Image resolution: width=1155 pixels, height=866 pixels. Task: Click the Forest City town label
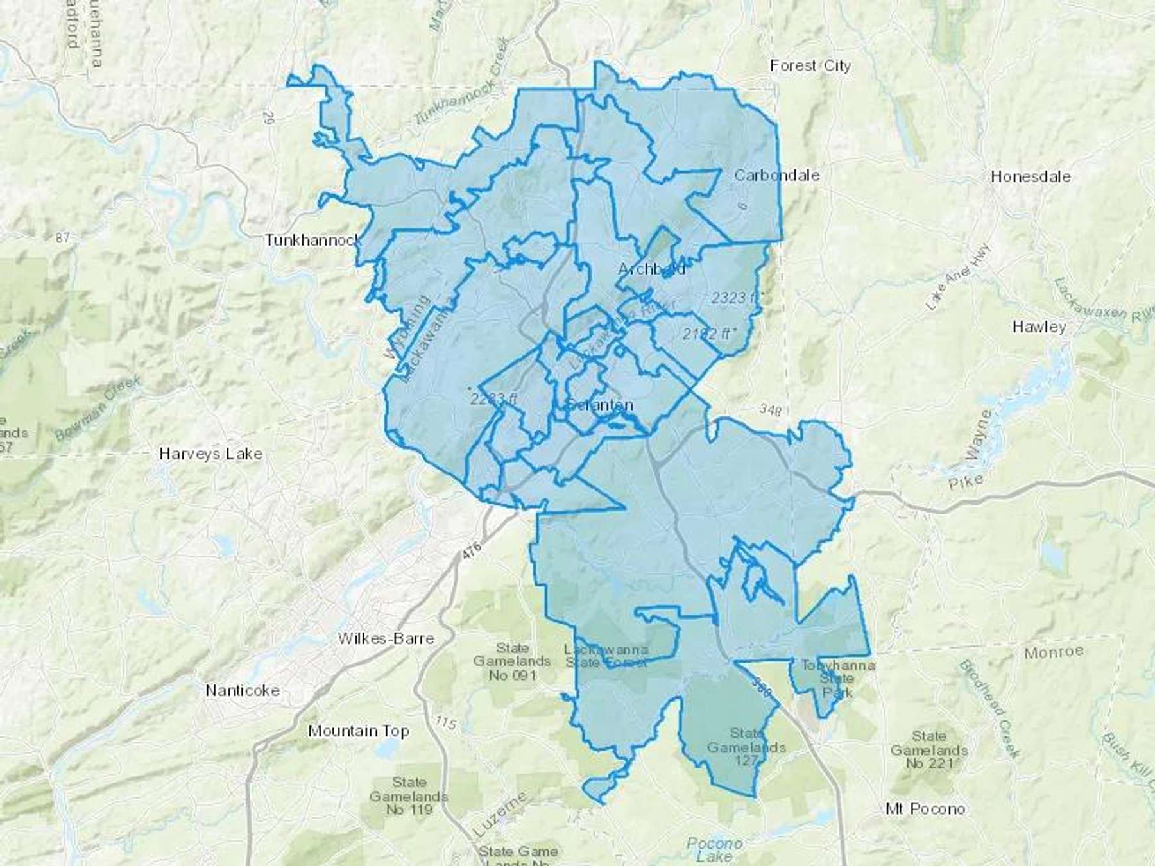(x=810, y=65)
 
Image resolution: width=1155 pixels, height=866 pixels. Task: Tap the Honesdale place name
(x=1031, y=176)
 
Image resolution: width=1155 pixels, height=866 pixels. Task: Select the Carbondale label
(x=776, y=174)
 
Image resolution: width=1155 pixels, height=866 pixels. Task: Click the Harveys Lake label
(x=210, y=454)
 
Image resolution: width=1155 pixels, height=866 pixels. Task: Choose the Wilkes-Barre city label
(x=386, y=638)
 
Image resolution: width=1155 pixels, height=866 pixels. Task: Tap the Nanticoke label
(x=243, y=690)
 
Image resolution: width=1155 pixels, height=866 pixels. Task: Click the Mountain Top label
(x=359, y=731)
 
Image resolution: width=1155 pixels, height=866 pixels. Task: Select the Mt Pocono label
(x=925, y=809)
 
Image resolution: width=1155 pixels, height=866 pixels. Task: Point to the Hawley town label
(x=1039, y=327)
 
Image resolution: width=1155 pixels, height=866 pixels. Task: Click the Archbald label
(x=651, y=269)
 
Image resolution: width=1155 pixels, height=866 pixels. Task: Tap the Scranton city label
(x=600, y=405)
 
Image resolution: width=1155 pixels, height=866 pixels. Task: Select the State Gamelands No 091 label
(x=512, y=661)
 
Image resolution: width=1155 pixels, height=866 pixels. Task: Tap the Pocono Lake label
(x=714, y=850)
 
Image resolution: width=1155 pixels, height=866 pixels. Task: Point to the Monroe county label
(x=1054, y=652)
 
